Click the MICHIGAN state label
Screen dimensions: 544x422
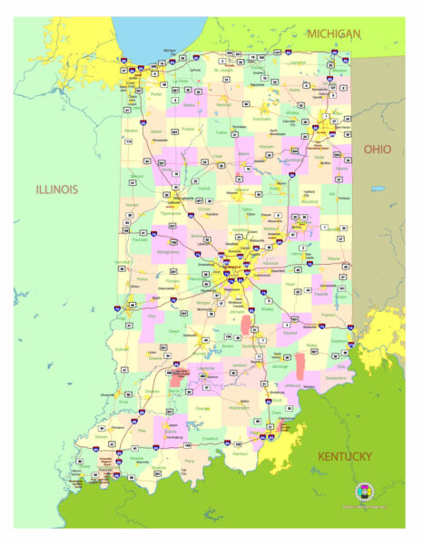pos(333,34)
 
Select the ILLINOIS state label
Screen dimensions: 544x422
pos(56,189)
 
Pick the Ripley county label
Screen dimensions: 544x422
pos(313,345)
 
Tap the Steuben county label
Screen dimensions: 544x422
pos(340,70)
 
